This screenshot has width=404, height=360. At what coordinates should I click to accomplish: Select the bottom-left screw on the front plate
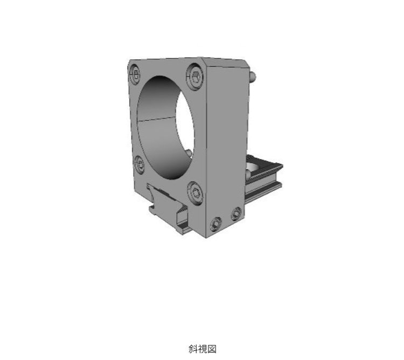coord(138,161)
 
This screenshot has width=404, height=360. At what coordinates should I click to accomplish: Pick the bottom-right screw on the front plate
coord(196,191)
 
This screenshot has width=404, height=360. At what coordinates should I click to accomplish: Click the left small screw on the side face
coord(217,223)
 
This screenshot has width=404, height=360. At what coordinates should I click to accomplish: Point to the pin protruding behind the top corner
coord(253,77)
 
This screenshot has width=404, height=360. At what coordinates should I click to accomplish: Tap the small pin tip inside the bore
coord(188,153)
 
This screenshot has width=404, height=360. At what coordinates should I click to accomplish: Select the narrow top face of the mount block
coord(226,62)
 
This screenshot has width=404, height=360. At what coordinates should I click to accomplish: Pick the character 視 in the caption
coord(202,349)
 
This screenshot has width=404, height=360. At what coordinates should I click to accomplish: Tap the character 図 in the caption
coord(211,349)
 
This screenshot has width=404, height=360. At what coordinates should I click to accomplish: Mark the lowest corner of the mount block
coord(207,237)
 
